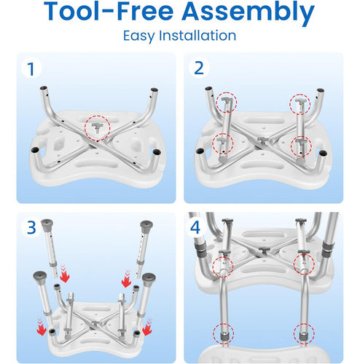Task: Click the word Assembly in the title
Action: [x=248, y=12]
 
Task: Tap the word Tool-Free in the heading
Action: [x=109, y=11]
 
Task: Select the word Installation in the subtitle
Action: [x=197, y=36]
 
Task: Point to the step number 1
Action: [x=31, y=69]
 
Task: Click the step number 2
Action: [x=199, y=68]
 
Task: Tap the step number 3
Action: [x=31, y=227]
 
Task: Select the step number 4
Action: [x=195, y=227]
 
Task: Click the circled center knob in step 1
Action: [x=97, y=127]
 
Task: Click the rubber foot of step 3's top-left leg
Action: [x=47, y=225]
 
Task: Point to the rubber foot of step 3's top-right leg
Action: [x=146, y=226]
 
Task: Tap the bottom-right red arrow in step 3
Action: [x=147, y=327]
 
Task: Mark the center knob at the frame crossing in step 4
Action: [x=264, y=250]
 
